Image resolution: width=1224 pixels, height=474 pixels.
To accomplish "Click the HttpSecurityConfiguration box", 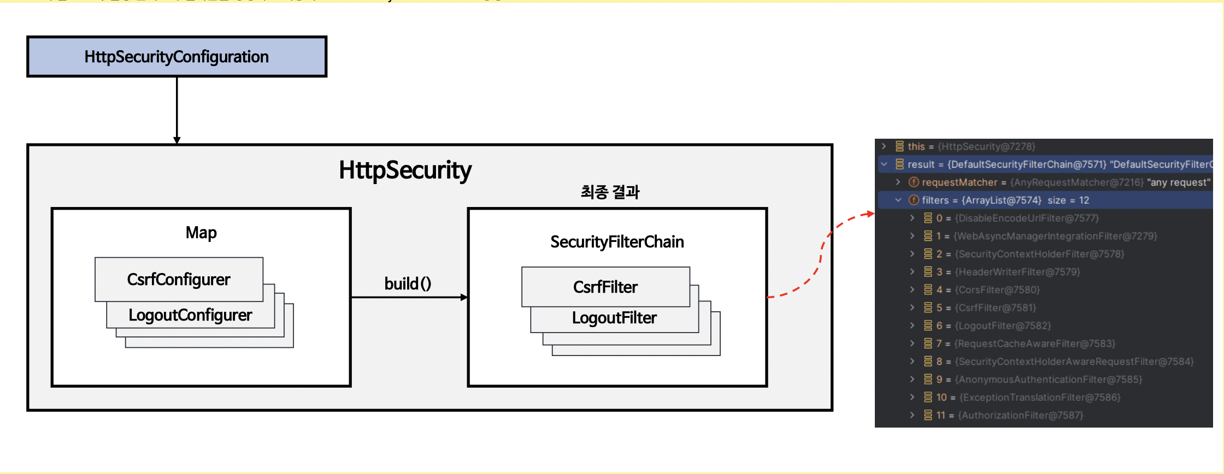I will (x=176, y=57).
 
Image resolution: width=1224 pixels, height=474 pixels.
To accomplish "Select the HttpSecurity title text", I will (x=405, y=170).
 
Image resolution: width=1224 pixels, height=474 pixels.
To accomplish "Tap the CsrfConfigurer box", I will (x=179, y=280).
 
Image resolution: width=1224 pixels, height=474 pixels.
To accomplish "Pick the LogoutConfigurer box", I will (x=190, y=316).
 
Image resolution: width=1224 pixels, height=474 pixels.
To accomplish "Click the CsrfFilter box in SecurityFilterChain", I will (x=605, y=287).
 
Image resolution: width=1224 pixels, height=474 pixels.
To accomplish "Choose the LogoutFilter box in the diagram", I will (x=614, y=318).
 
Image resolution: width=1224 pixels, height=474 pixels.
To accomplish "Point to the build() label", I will (x=408, y=284).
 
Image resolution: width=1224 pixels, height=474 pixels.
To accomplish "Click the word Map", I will (x=201, y=233).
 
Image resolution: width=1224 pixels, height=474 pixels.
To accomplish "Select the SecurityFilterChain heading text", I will (x=617, y=242).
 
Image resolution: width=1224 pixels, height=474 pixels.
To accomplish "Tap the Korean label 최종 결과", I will (x=610, y=192).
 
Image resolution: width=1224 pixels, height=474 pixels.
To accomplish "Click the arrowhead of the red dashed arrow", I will (x=870, y=214).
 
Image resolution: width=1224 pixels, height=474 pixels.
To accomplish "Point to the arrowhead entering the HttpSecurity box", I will (x=176, y=140).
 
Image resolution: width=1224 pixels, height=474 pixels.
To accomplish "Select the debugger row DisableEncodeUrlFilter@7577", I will (x=1026, y=218).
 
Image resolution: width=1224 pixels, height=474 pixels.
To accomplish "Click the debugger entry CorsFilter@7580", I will (x=997, y=290).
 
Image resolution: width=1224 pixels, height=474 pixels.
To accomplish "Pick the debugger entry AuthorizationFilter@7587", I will (x=1020, y=416).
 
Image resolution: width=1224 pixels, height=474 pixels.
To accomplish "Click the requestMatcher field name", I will (x=959, y=182).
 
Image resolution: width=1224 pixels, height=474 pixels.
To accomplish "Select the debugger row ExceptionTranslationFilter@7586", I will (x=1039, y=398).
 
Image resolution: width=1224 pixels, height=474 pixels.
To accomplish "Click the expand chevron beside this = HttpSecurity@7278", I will (x=884, y=146).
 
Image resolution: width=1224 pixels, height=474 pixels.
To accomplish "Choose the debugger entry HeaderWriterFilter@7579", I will (x=1017, y=272).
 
